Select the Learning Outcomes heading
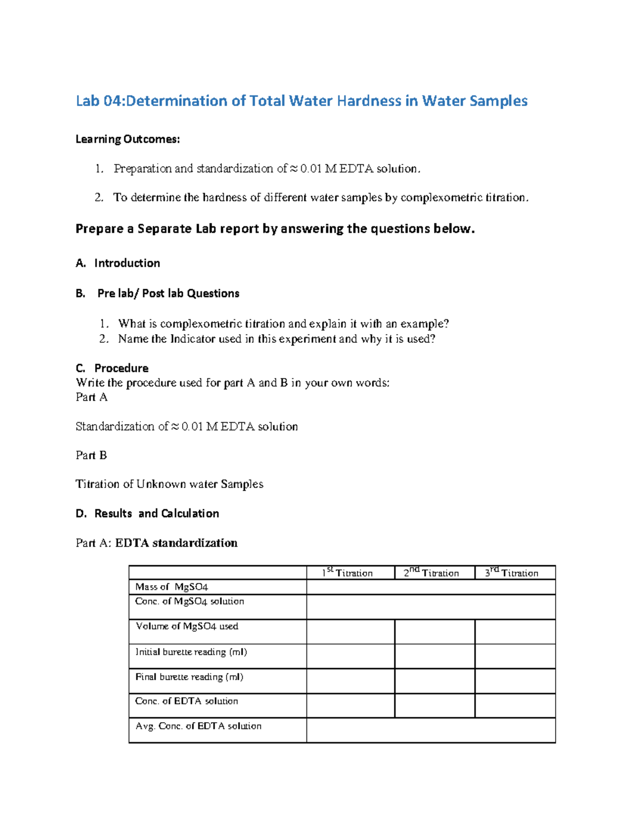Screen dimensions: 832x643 tap(128, 139)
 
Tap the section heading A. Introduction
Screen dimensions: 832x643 tap(118, 263)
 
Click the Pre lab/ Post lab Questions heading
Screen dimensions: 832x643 tap(168, 294)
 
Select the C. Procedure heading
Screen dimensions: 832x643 tap(112, 368)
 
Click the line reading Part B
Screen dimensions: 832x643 tap(91, 455)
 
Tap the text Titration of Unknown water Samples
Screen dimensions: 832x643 tap(169, 484)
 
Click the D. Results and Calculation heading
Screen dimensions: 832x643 tap(147, 513)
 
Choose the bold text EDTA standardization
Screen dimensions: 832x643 tap(176, 543)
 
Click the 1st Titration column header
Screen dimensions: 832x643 tap(347, 573)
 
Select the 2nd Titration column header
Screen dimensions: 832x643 tap(431, 573)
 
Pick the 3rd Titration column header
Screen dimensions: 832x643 tap(512, 573)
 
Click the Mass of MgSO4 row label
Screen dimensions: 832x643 tap(171, 587)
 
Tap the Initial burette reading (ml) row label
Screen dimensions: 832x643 tap(191, 652)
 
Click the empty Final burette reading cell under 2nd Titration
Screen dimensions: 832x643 tap(435, 680)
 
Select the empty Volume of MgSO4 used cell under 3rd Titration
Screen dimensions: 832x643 tap(515, 632)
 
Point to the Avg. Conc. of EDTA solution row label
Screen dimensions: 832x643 tap(198, 726)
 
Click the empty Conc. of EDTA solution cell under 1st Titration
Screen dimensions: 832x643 tap(350, 706)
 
